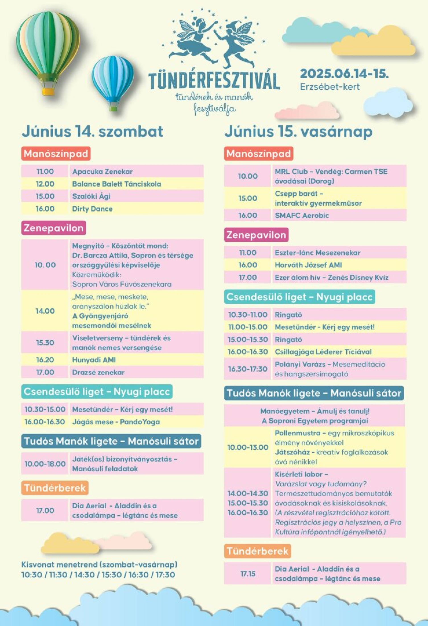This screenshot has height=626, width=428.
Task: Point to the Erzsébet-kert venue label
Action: [330, 87]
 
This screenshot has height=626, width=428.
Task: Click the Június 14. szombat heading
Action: [92, 132]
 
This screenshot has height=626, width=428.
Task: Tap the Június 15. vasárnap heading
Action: [298, 132]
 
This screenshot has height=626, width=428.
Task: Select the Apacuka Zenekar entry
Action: [102, 172]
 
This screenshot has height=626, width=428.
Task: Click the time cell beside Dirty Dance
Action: [45, 209]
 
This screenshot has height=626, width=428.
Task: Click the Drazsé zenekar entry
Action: [98, 372]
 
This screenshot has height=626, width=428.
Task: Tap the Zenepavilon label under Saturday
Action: [54, 228]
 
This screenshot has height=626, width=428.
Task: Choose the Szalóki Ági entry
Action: [91, 196]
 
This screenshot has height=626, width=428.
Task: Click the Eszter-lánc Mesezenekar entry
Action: [317, 253]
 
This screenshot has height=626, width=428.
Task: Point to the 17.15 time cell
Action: [248, 574]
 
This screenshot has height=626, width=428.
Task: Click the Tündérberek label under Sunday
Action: [257, 551]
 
